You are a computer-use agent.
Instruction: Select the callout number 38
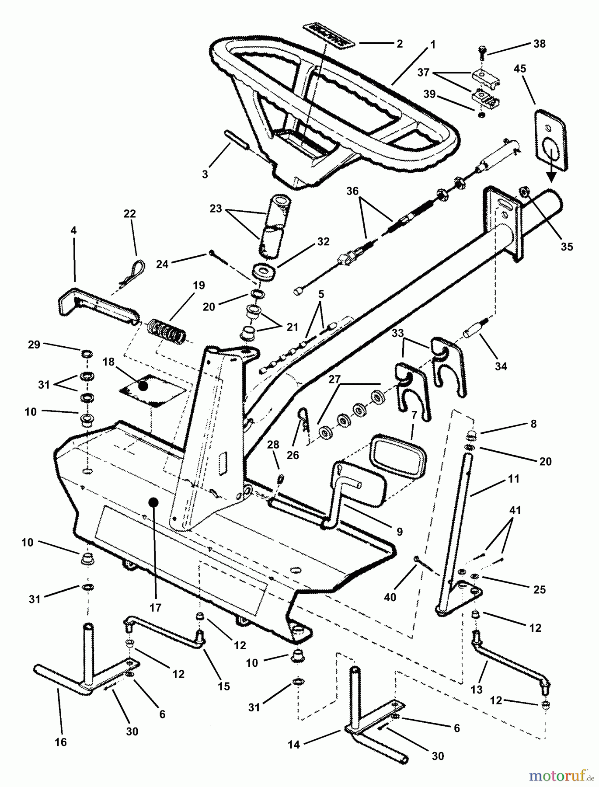[x=540, y=44]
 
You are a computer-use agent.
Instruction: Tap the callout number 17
[x=155, y=607]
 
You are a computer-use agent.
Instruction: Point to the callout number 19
[x=198, y=286]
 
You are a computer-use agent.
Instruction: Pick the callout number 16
[x=61, y=742]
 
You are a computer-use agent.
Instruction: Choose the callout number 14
[x=294, y=744]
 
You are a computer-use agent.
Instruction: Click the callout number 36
[x=352, y=191]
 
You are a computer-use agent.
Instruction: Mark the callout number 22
[x=130, y=214]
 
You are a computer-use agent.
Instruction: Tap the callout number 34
[x=501, y=366]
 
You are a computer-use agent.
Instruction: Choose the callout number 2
[x=399, y=44]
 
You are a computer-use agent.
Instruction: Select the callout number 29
[x=34, y=345]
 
